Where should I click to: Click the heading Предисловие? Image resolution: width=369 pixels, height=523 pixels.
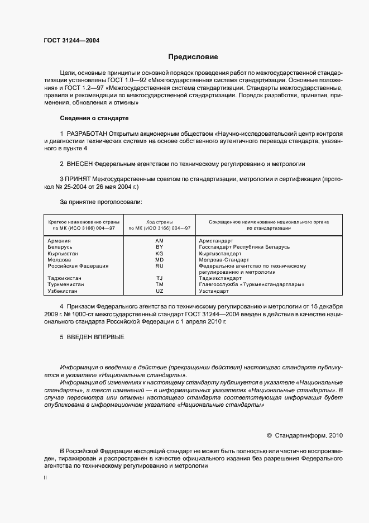pos(194,57)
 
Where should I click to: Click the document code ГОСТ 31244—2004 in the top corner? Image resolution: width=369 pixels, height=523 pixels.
pos(71,40)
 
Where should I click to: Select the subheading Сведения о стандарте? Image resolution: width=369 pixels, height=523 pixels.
pos(94,118)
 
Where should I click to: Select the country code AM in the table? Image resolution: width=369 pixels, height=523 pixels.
pos(159,240)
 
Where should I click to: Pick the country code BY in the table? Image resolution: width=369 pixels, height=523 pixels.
pos(159,246)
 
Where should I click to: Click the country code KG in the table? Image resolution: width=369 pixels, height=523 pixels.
pos(159,253)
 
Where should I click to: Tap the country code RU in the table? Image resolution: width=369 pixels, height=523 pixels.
pos(159,266)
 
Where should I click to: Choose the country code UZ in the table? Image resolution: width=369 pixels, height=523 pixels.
pos(159,291)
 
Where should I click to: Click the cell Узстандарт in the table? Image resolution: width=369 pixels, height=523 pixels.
pos(214,291)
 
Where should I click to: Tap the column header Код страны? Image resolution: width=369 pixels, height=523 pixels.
pos(159,222)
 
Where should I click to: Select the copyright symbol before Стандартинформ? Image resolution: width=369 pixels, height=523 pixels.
pos(269,435)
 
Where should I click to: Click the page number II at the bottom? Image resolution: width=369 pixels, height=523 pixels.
pos(45,478)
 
